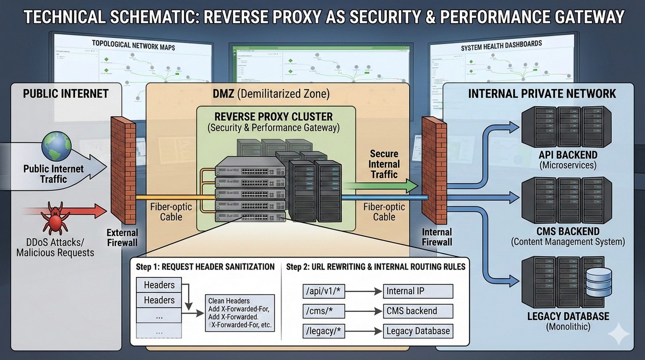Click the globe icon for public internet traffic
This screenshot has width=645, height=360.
pyautogui.click(x=57, y=146)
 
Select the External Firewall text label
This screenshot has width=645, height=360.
pyautogui.click(x=122, y=237)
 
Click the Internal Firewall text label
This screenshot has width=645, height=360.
pyautogui.click(x=437, y=237)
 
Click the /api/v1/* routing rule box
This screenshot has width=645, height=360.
pyautogui.click(x=323, y=291)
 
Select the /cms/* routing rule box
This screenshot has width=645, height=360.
pyautogui.click(x=323, y=311)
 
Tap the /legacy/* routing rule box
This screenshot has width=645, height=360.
pyautogui.click(x=323, y=331)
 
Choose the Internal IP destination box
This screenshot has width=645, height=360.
pyautogui.click(x=418, y=291)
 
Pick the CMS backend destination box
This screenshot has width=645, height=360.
pyautogui.click(x=418, y=311)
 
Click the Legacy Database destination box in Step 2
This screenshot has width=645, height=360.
pyautogui.click(x=418, y=331)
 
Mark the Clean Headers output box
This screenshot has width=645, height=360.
pyautogui.click(x=240, y=313)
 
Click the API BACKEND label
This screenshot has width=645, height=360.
pyautogui.click(x=568, y=155)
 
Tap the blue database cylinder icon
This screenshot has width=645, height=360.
pyautogui.click(x=598, y=282)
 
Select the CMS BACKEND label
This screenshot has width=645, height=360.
pyautogui.click(x=568, y=231)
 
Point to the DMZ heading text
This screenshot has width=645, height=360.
pyautogui.click(x=271, y=94)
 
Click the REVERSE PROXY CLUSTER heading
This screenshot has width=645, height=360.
pyautogui.click(x=273, y=117)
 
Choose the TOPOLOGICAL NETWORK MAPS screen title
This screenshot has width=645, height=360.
pyautogui.click(x=133, y=45)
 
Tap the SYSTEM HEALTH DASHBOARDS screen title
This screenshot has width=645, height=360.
pyautogui.click(x=501, y=46)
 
